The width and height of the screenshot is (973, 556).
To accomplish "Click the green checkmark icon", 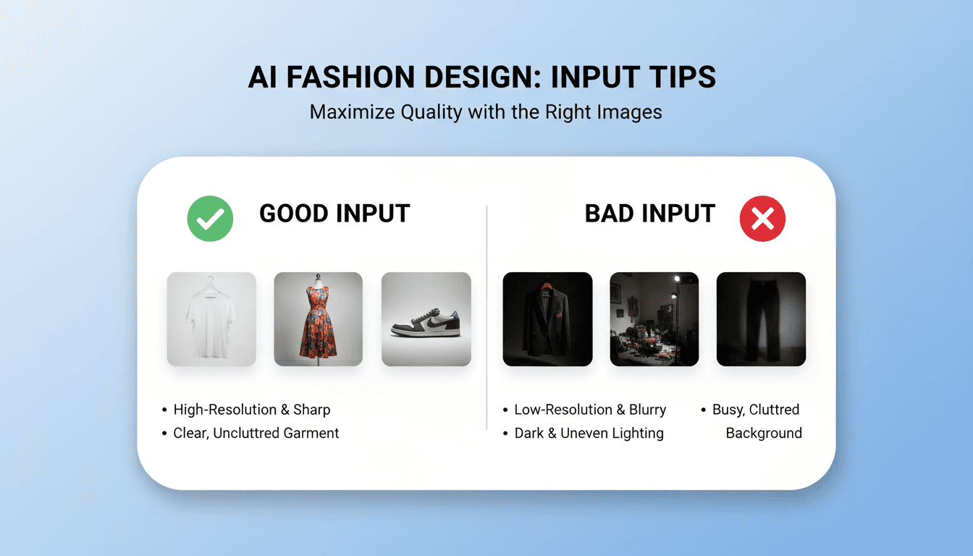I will pyautogui.click(x=210, y=219).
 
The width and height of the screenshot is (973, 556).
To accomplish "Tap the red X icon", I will pyautogui.click(x=762, y=219).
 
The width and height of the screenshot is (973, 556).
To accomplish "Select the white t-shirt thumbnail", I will pyautogui.click(x=211, y=319).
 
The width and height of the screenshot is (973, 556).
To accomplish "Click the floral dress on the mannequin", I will pyautogui.click(x=318, y=319).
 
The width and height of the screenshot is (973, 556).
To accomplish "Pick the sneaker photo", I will pyautogui.click(x=426, y=319).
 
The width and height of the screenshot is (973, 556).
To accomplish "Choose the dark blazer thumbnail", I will pyautogui.click(x=547, y=319).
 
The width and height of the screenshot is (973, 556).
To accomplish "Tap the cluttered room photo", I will pyautogui.click(x=654, y=319).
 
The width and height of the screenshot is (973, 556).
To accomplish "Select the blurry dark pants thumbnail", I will pyautogui.click(x=761, y=319).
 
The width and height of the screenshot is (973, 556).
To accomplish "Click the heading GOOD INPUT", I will pyautogui.click(x=334, y=214).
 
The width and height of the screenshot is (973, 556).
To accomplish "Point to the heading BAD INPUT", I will pyautogui.click(x=649, y=214).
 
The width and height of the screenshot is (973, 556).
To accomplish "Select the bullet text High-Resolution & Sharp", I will pyautogui.click(x=251, y=410).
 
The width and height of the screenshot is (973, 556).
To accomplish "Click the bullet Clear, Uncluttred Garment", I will pyautogui.click(x=256, y=434).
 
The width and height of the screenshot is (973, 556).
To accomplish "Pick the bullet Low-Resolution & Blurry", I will pyautogui.click(x=590, y=410).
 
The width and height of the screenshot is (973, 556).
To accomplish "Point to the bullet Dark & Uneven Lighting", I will pyautogui.click(x=589, y=434).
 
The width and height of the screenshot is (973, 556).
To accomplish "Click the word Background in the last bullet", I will pyautogui.click(x=764, y=434).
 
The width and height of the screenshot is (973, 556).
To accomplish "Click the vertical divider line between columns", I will pyautogui.click(x=486, y=319).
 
